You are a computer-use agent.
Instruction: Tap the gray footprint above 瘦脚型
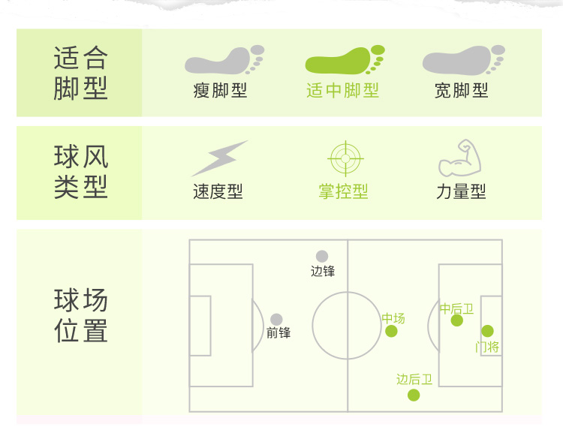click(x=224, y=60)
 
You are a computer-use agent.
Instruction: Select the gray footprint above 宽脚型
click(x=462, y=60)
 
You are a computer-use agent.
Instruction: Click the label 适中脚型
click(x=343, y=91)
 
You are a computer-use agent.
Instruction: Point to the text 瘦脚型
click(x=220, y=91)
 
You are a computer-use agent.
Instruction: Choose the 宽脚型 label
click(x=462, y=91)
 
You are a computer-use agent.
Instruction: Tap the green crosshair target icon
click(x=346, y=158)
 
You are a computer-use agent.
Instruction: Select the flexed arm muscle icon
click(x=459, y=158)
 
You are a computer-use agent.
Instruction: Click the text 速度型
click(x=218, y=192)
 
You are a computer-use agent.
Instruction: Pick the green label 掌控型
click(x=343, y=192)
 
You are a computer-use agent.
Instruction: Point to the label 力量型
click(x=461, y=192)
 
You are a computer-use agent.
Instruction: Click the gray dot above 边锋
click(x=322, y=257)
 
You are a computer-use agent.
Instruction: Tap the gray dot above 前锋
click(x=277, y=320)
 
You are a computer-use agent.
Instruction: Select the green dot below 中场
click(x=391, y=331)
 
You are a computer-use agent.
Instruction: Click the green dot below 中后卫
click(x=456, y=320)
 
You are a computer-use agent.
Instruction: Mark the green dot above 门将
click(x=487, y=331)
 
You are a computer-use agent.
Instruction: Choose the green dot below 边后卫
click(x=414, y=395)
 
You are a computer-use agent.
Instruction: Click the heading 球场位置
click(x=81, y=316)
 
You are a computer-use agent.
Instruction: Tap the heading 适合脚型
click(x=81, y=74)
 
